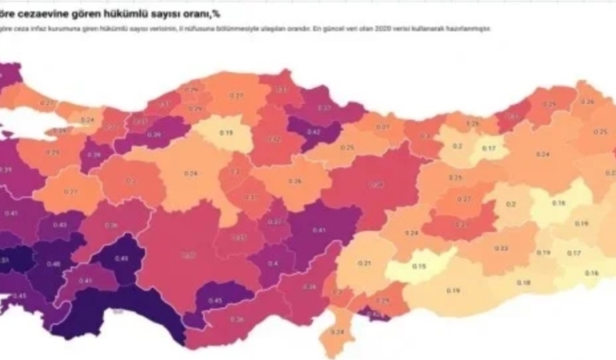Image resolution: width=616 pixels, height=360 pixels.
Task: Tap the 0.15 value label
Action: (418, 268)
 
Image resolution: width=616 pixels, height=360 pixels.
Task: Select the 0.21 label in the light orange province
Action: (364, 263)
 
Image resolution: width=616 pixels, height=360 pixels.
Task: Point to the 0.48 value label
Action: (54, 265)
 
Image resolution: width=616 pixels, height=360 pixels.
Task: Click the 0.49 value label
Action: (122, 258)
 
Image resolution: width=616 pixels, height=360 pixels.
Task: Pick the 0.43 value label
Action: (60, 225)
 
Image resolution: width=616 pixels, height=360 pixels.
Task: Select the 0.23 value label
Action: (462, 225)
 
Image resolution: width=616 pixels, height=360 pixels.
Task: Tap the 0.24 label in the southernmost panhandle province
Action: (337, 331)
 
